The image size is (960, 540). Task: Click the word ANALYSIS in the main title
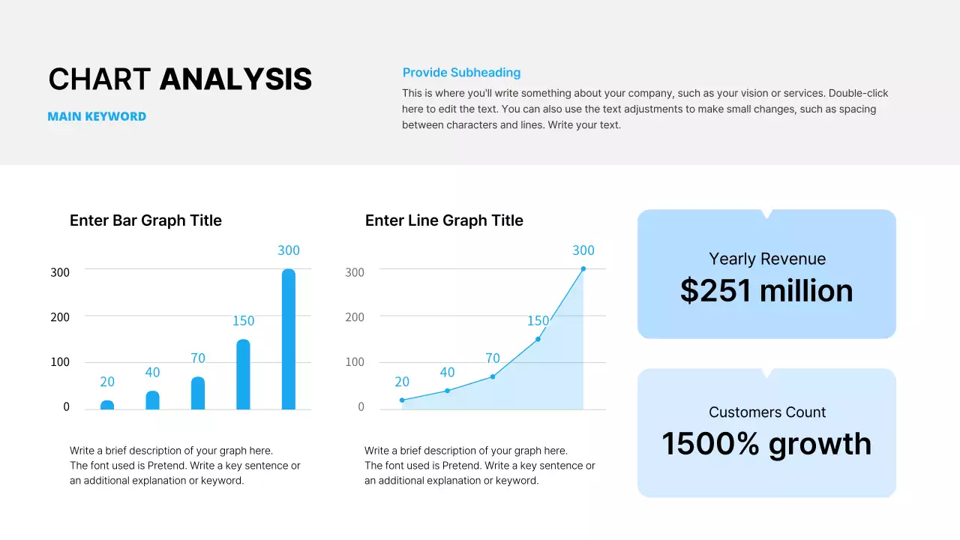pos(235,79)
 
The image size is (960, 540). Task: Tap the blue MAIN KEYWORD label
pos(97,117)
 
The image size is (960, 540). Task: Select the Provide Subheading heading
pos(461,73)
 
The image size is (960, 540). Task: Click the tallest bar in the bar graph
pos(289,339)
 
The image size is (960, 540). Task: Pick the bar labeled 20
pos(107,405)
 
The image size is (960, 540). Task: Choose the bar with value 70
pos(198,393)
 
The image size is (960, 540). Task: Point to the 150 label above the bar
pos(243,321)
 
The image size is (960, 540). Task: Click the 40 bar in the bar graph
pos(152,400)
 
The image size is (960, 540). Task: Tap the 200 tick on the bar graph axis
pos(60,317)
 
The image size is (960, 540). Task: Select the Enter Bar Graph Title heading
pos(145,220)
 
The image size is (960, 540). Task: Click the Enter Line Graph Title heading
pos(444,220)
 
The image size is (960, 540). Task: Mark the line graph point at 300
pos(583,268)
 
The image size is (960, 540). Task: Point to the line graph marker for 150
pos(538,339)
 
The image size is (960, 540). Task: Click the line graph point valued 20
pos(402,400)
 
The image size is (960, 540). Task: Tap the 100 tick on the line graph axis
pos(355,362)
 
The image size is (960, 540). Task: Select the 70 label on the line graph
pos(492,358)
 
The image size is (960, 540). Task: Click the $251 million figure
pos(766,291)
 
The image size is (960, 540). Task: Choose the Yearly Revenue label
pos(767,259)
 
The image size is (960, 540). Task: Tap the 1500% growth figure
pos(766,444)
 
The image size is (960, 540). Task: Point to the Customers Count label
pos(767,412)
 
